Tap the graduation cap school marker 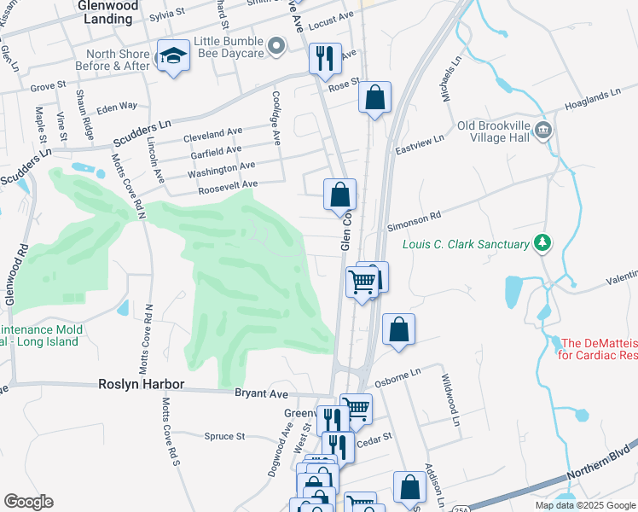click(173, 56)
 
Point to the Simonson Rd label click(414, 222)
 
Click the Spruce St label click(225, 436)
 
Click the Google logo click(28, 502)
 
